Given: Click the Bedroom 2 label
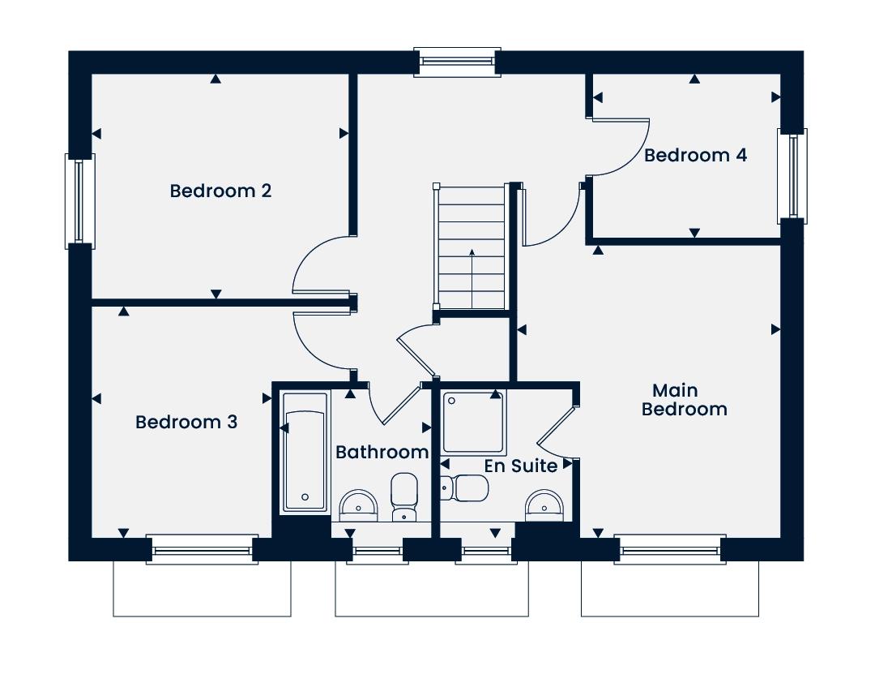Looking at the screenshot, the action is click(220, 191).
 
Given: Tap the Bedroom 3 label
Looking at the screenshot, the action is click(186, 422).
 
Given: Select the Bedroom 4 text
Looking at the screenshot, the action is click(695, 155).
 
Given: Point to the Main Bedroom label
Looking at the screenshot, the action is click(684, 400).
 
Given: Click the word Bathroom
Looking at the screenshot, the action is click(382, 452).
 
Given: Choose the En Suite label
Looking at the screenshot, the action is click(521, 466).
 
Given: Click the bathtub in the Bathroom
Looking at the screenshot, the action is click(305, 452).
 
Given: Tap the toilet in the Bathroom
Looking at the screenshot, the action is click(404, 497).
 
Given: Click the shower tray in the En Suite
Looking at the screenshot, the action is click(474, 422).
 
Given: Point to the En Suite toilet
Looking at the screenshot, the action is click(464, 488).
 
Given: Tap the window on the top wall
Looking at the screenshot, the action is click(458, 62).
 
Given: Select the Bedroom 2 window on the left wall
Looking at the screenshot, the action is click(80, 200).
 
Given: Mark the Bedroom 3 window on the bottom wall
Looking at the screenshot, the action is click(202, 549).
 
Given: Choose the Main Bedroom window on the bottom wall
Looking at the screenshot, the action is click(670, 549).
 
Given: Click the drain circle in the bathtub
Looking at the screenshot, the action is click(305, 497).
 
